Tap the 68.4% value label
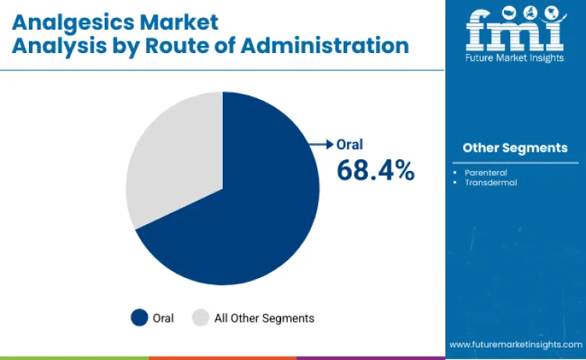click(x=375, y=169)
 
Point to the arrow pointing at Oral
click(x=321, y=144)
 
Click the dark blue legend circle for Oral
click(x=140, y=318)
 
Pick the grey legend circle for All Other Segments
click(x=201, y=318)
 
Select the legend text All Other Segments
click(x=264, y=318)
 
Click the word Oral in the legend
click(x=163, y=318)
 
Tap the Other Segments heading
click(x=515, y=148)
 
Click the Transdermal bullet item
click(x=491, y=182)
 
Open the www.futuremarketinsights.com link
click(x=516, y=344)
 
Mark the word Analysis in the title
click(x=59, y=46)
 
